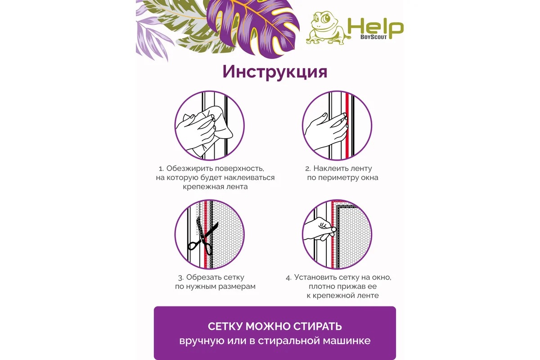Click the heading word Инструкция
click(x=274, y=72)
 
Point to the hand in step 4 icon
click(x=319, y=229)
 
